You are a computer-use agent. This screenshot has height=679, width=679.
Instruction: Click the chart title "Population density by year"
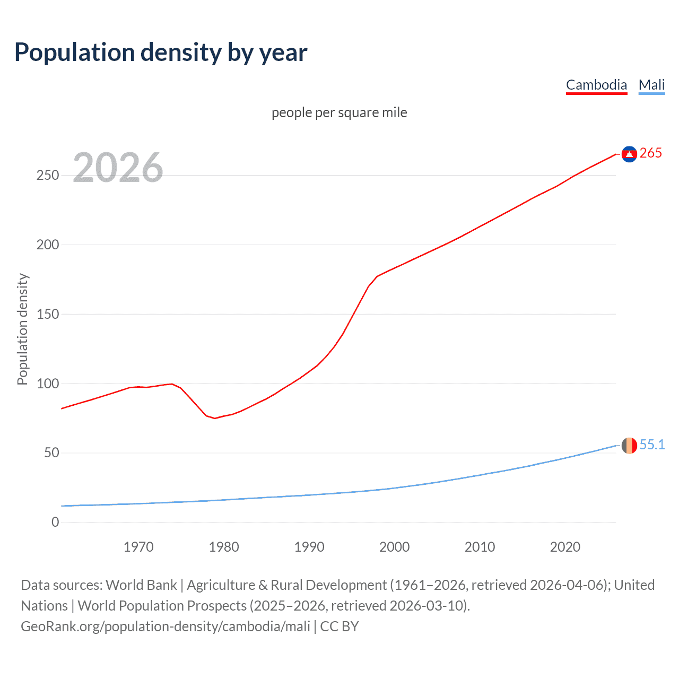pyautogui.click(x=161, y=53)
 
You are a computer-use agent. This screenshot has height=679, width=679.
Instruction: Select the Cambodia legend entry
pyautogui.click(x=596, y=85)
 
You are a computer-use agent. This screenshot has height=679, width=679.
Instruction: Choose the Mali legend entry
pyautogui.click(x=651, y=85)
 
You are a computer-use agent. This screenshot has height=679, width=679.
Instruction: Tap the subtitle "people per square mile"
pyautogui.click(x=339, y=112)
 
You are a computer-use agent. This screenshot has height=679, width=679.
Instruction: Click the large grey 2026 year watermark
pyautogui.click(x=118, y=168)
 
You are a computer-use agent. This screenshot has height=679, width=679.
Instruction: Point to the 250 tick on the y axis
pyautogui.click(x=48, y=175)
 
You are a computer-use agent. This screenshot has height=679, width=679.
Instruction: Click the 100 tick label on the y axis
pyautogui.click(x=48, y=384)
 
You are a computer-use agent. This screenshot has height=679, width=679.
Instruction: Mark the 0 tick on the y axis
pyautogui.click(x=55, y=522)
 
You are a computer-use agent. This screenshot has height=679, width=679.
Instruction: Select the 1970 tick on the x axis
pyautogui.click(x=138, y=547)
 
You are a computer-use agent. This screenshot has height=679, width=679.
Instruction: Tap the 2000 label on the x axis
pyautogui.click(x=395, y=547)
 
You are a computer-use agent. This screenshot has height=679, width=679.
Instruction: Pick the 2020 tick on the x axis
pyautogui.click(x=565, y=547)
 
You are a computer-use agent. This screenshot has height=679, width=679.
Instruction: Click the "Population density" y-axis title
pyautogui.click(x=22, y=329)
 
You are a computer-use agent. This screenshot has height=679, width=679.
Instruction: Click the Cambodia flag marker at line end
pyautogui.click(x=629, y=154)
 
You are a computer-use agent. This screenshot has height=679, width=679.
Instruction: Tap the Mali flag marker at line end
pyautogui.click(x=629, y=446)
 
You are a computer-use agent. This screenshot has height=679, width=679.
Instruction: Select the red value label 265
pyautogui.click(x=651, y=153)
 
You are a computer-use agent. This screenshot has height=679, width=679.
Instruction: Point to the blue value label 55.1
pyautogui.click(x=652, y=445)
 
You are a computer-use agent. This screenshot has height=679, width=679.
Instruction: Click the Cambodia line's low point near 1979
pyautogui.click(x=215, y=418)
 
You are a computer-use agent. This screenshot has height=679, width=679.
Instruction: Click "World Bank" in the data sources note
pyautogui.click(x=141, y=585)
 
